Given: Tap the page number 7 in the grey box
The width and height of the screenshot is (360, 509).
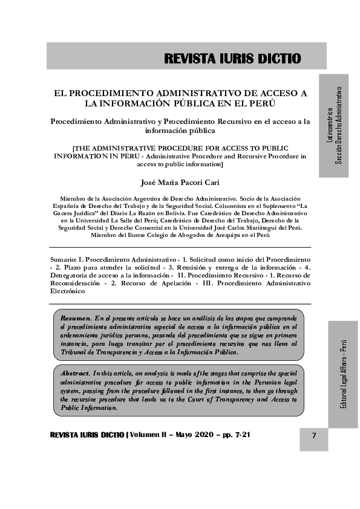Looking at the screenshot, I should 314,436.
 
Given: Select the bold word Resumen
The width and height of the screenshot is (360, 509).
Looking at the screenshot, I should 75,317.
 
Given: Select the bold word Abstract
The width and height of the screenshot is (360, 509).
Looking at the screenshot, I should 75,374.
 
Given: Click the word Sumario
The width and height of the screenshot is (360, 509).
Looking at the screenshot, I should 65,259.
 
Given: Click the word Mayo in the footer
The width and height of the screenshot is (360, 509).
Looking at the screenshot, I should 186,435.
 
